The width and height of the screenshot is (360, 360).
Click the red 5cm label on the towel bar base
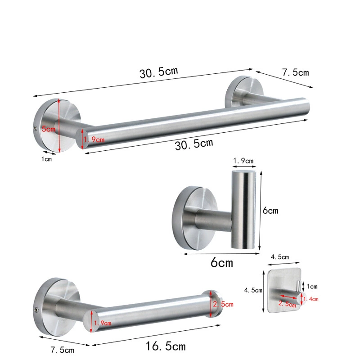49,129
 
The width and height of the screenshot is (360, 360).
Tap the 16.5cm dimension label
166,346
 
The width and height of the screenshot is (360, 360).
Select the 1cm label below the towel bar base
47,159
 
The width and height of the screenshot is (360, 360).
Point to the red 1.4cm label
310,299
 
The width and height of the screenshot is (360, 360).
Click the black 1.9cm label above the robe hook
243,161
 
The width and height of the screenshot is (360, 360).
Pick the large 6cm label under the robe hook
221,262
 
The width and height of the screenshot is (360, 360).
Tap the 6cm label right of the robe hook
270,210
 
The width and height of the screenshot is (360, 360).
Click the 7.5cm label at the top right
296,72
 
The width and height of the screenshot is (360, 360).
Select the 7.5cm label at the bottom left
63,350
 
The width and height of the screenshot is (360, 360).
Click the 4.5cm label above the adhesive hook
279,257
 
